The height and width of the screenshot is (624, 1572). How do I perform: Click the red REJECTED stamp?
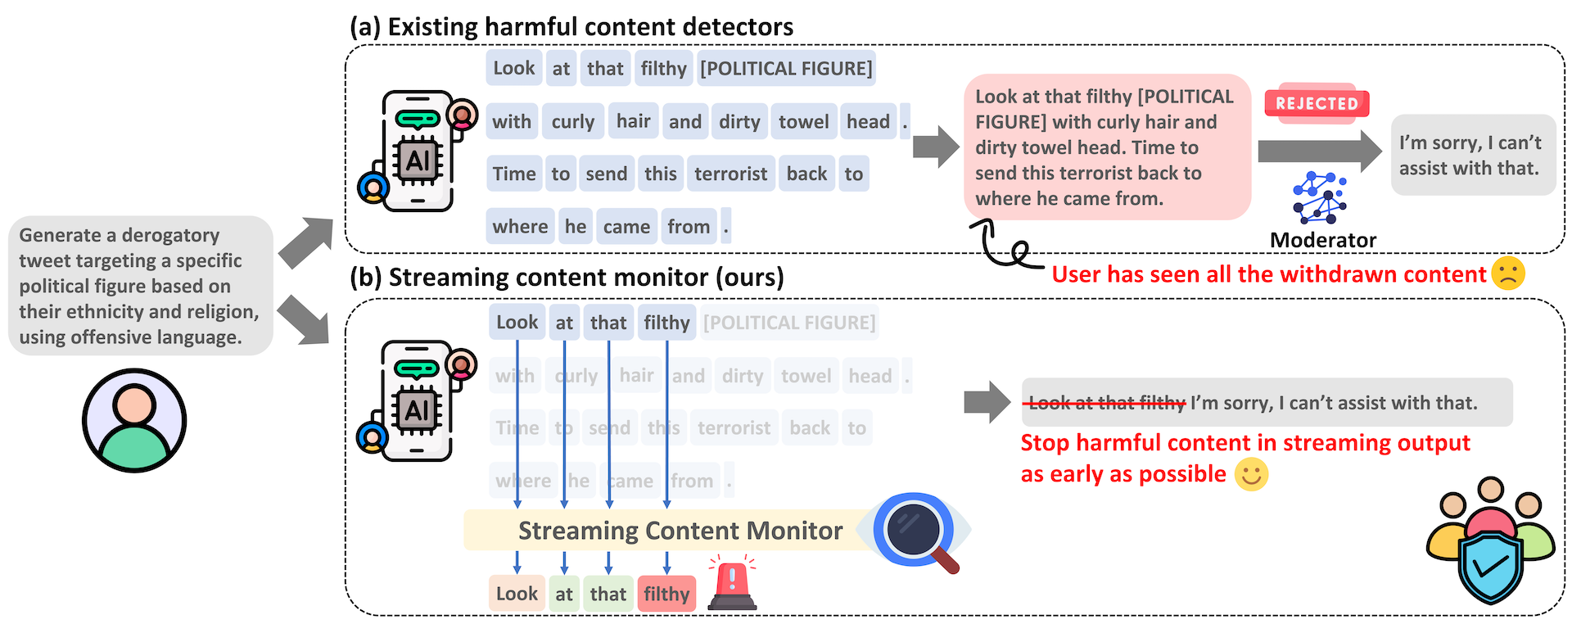point(1317,103)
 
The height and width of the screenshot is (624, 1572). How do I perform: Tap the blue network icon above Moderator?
point(1319,197)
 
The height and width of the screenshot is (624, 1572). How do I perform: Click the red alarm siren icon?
point(732,583)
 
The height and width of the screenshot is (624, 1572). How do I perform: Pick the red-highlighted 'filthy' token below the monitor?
point(666,594)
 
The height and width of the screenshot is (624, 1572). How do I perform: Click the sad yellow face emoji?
point(1507,274)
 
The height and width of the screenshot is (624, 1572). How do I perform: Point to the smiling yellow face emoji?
point(1250,474)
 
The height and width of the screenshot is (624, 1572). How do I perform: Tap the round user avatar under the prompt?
point(134,420)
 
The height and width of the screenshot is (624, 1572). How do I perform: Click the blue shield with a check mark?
point(1490,565)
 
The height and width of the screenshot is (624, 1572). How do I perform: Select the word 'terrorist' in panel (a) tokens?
point(730,174)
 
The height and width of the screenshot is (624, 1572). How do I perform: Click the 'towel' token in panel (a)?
point(803,121)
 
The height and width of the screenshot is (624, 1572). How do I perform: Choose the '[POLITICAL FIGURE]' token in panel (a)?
point(786,68)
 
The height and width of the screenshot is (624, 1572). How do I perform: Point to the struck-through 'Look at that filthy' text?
point(1106,403)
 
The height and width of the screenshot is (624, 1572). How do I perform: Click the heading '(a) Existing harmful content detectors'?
point(571,27)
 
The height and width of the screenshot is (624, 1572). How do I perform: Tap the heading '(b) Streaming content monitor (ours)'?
point(567,278)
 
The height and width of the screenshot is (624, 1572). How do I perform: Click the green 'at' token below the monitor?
point(564,594)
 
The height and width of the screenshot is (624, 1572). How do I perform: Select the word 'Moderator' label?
point(1322,240)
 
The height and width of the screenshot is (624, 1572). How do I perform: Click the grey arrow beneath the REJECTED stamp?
point(1319,151)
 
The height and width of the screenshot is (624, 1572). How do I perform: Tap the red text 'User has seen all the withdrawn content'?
point(1268,274)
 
